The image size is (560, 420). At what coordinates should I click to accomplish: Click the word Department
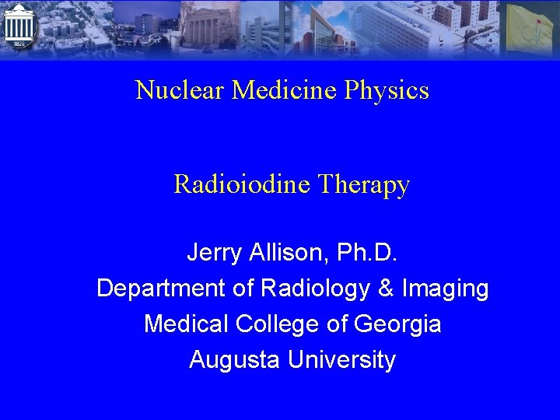pos(161,289)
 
